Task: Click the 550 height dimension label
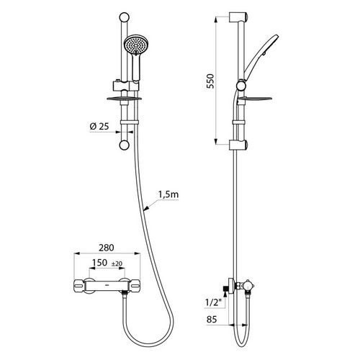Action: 210,81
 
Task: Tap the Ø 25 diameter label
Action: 99,126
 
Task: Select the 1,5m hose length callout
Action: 168,194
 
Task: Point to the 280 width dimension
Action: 107,248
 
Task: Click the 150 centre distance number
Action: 99,263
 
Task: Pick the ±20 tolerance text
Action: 117,264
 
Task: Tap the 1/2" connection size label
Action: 213,303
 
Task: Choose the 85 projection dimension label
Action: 212,320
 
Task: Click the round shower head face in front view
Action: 136,45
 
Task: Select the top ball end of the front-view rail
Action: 125,18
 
